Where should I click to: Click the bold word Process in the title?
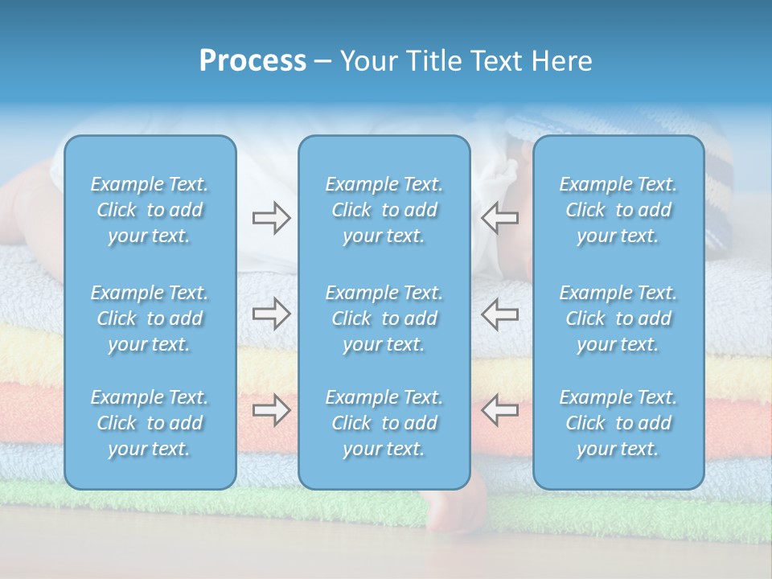click(x=253, y=61)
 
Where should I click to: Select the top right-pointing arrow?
click(x=271, y=218)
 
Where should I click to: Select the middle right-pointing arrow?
click(x=271, y=314)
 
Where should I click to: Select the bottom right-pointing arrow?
click(x=271, y=410)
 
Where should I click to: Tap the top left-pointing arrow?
click(x=499, y=218)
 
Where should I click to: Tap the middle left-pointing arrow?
click(x=499, y=314)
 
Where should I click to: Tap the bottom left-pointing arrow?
click(x=499, y=410)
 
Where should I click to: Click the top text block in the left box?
click(x=150, y=210)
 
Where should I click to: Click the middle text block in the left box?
click(x=150, y=318)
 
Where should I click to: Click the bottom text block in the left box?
click(x=150, y=423)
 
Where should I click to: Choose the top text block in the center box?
click(x=384, y=210)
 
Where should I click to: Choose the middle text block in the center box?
click(x=384, y=318)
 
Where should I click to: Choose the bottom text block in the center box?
click(x=384, y=423)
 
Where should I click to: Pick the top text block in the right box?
click(x=618, y=210)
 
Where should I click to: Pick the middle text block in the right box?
click(x=618, y=318)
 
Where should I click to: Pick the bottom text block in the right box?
click(x=618, y=423)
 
